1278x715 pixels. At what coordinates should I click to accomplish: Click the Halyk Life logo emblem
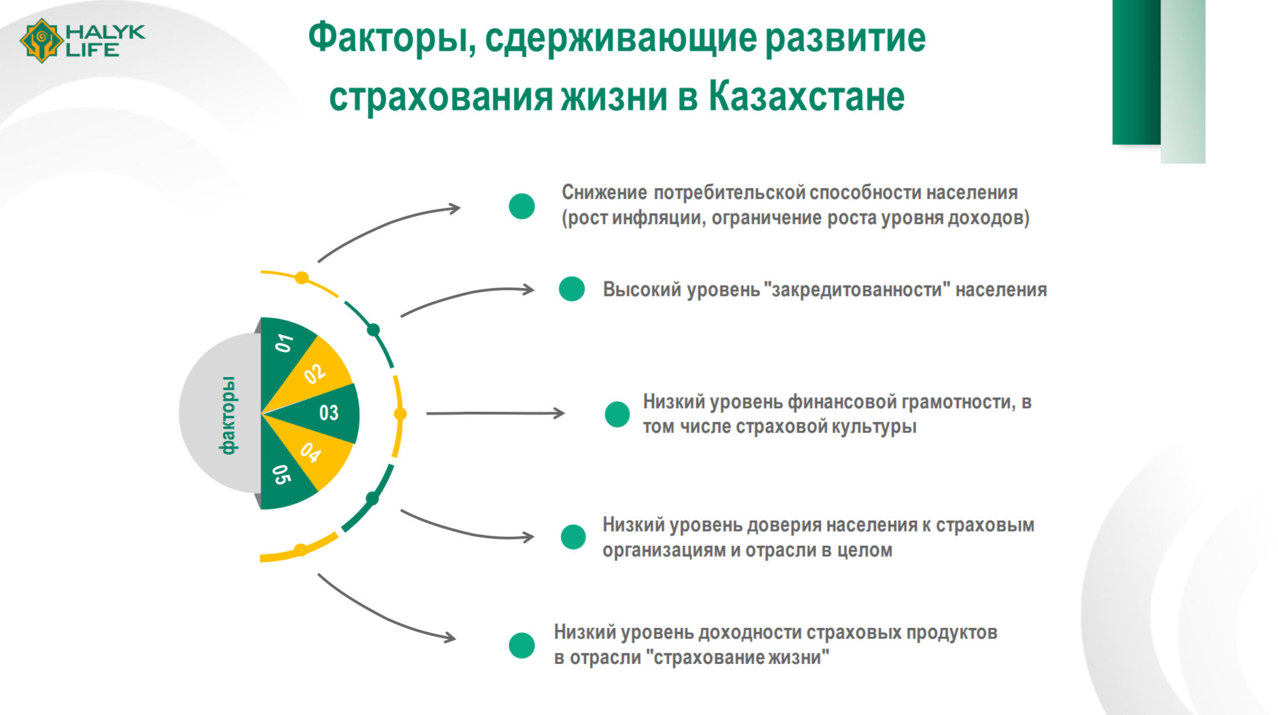coord(41,40)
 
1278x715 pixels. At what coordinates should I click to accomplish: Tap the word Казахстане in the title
coord(807,97)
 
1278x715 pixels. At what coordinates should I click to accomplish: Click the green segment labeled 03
coord(326,413)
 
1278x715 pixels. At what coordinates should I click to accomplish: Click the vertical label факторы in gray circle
coord(228,415)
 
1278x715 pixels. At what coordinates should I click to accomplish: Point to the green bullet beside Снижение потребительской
coord(522,206)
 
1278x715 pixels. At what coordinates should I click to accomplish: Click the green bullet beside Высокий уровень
coord(572,289)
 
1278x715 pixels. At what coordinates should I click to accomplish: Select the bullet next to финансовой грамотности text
coord(617,414)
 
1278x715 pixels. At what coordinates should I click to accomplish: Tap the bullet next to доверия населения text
coord(573,537)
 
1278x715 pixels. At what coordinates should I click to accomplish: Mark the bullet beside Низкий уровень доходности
coord(522,646)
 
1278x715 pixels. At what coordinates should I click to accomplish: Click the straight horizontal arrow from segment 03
coord(495,413)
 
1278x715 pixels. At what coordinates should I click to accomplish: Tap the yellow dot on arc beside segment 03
coord(400,413)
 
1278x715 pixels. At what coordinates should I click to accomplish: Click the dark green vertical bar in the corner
coord(1136,72)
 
